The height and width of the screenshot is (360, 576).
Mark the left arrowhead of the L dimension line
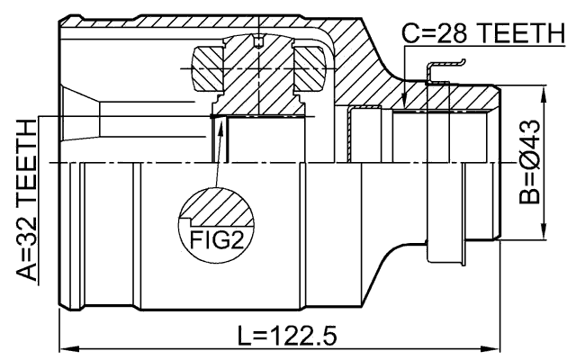pyautogui.click(x=65, y=347)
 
